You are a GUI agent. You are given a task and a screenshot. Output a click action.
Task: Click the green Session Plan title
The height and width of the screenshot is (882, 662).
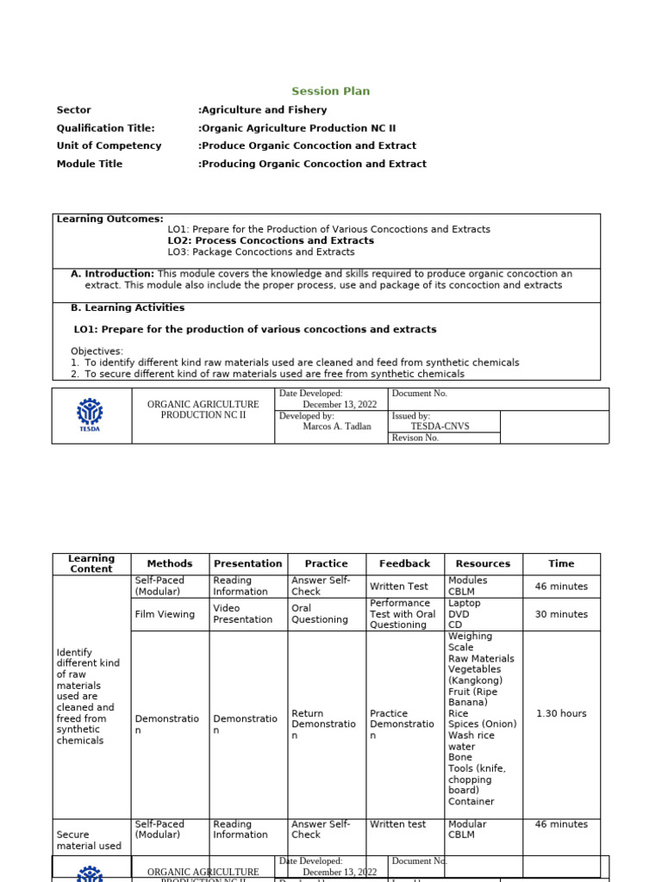tap(330, 91)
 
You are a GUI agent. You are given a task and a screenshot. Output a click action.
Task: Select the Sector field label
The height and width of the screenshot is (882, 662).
tap(73, 110)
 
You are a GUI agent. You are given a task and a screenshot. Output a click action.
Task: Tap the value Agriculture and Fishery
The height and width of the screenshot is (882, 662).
tap(263, 110)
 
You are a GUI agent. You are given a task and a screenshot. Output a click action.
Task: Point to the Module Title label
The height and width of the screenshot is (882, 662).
tap(90, 164)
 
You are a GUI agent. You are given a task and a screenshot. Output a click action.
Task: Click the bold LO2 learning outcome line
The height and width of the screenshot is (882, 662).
tap(271, 241)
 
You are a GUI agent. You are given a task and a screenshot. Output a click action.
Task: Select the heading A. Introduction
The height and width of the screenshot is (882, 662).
tap(112, 274)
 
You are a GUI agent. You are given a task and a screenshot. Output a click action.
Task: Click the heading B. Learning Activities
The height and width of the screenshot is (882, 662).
tap(127, 307)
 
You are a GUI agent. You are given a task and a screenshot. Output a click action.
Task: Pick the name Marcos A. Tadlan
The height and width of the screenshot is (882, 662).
tap(337, 426)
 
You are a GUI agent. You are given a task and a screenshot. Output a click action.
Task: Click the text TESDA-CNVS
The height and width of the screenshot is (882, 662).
tap(440, 426)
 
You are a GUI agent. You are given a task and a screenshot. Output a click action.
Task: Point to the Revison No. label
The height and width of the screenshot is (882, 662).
tap(415, 438)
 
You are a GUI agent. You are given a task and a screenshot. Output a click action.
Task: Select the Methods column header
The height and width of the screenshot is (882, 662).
tap(170, 564)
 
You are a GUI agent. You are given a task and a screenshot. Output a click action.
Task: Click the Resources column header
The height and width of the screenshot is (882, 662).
tap(483, 564)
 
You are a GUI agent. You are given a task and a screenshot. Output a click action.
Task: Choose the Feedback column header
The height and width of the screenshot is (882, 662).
tap(404, 564)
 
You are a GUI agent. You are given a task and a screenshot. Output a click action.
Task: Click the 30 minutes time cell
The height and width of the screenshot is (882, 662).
tap(561, 614)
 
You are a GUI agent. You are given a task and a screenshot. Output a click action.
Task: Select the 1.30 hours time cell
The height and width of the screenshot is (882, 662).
tap(561, 714)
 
